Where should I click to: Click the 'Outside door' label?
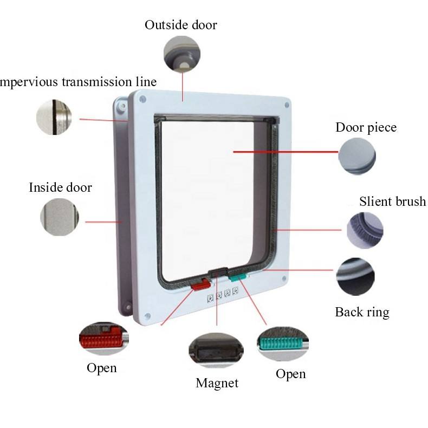click(x=180, y=25)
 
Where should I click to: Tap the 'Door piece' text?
click(x=366, y=128)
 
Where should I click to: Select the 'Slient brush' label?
click(x=392, y=202)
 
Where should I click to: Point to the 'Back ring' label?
click(x=362, y=312)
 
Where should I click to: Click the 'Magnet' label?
click(x=217, y=383)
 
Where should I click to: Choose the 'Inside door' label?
click(x=60, y=187)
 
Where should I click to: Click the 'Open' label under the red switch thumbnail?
click(x=101, y=368)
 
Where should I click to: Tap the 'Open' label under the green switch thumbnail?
click(x=290, y=374)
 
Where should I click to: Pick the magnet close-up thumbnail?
click(x=216, y=350)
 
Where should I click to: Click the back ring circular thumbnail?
click(x=355, y=277)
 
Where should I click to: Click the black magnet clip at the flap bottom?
click(x=218, y=273)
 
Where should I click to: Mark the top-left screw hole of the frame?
click(x=145, y=98)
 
